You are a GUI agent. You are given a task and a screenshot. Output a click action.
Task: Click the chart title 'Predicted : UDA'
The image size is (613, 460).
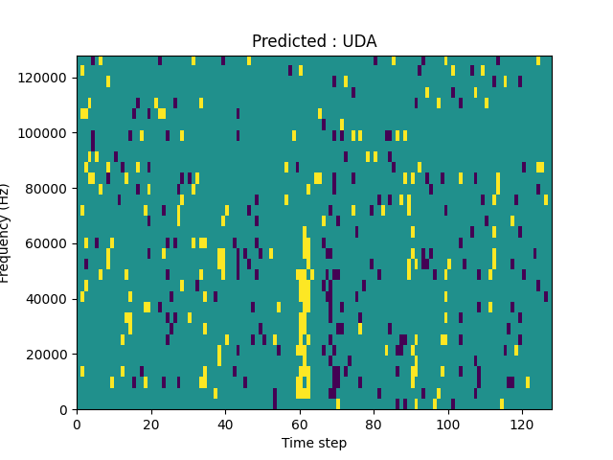tap(314, 41)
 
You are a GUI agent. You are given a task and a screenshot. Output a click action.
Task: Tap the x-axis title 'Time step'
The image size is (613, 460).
tap(314, 443)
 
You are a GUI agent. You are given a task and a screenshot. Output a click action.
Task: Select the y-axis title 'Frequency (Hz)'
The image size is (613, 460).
tap(6, 233)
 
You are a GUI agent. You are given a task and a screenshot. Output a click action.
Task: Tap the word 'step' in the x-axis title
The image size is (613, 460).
tap(331, 443)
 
